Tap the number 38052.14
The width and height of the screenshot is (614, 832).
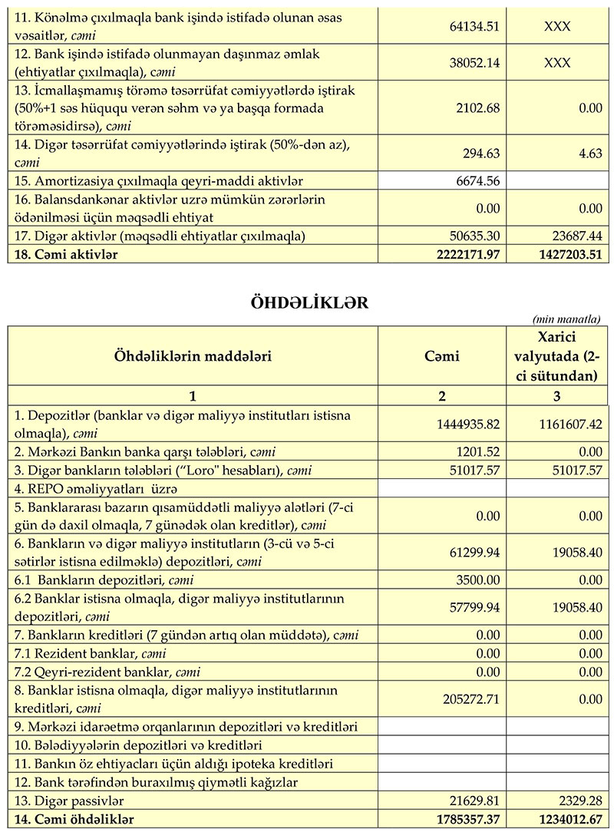click(474, 63)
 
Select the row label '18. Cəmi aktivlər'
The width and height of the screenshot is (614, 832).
click(66, 254)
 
